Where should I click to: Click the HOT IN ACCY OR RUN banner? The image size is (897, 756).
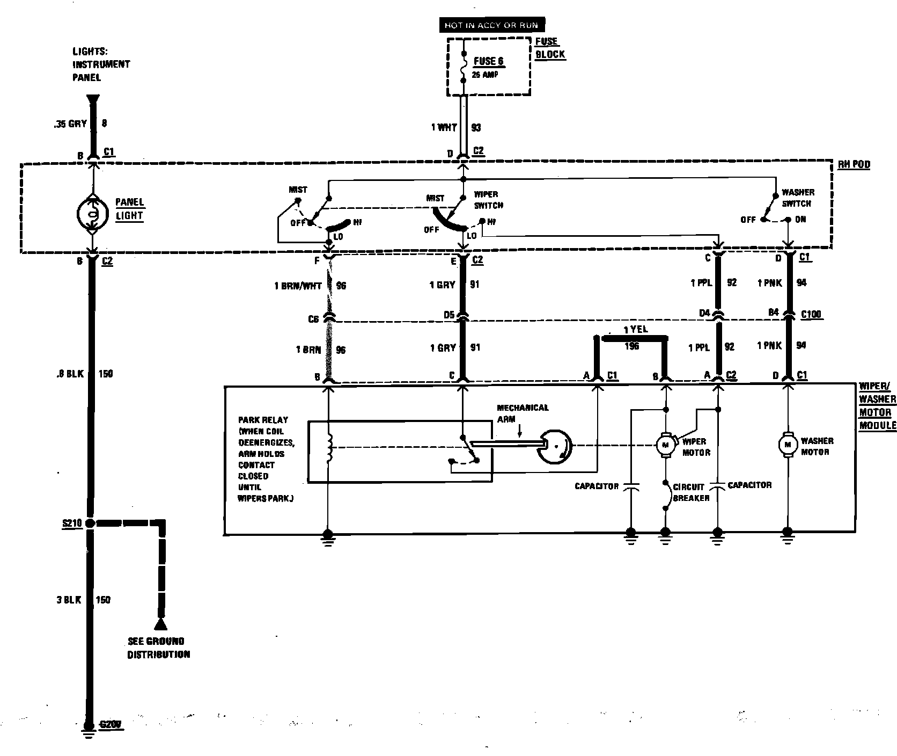pos(491,25)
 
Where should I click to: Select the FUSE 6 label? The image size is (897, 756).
pos(488,62)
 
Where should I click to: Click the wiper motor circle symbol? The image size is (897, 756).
pos(665,444)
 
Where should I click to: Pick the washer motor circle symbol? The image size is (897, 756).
pos(788,444)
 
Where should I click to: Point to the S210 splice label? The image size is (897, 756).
pos(71,523)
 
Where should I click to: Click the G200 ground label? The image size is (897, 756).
pos(111,724)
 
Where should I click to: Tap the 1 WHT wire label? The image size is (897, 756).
pos(444,128)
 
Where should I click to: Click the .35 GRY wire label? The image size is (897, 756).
pos(70,123)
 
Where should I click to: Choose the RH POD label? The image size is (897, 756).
pos(854,165)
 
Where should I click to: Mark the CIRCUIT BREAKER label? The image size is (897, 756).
pos(691,492)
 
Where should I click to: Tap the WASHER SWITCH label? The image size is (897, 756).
pos(798,198)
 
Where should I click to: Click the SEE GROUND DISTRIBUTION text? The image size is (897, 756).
pos(158,648)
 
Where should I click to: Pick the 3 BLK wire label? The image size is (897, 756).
pos(68,600)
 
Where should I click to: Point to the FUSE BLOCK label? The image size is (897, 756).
pos(550,48)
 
